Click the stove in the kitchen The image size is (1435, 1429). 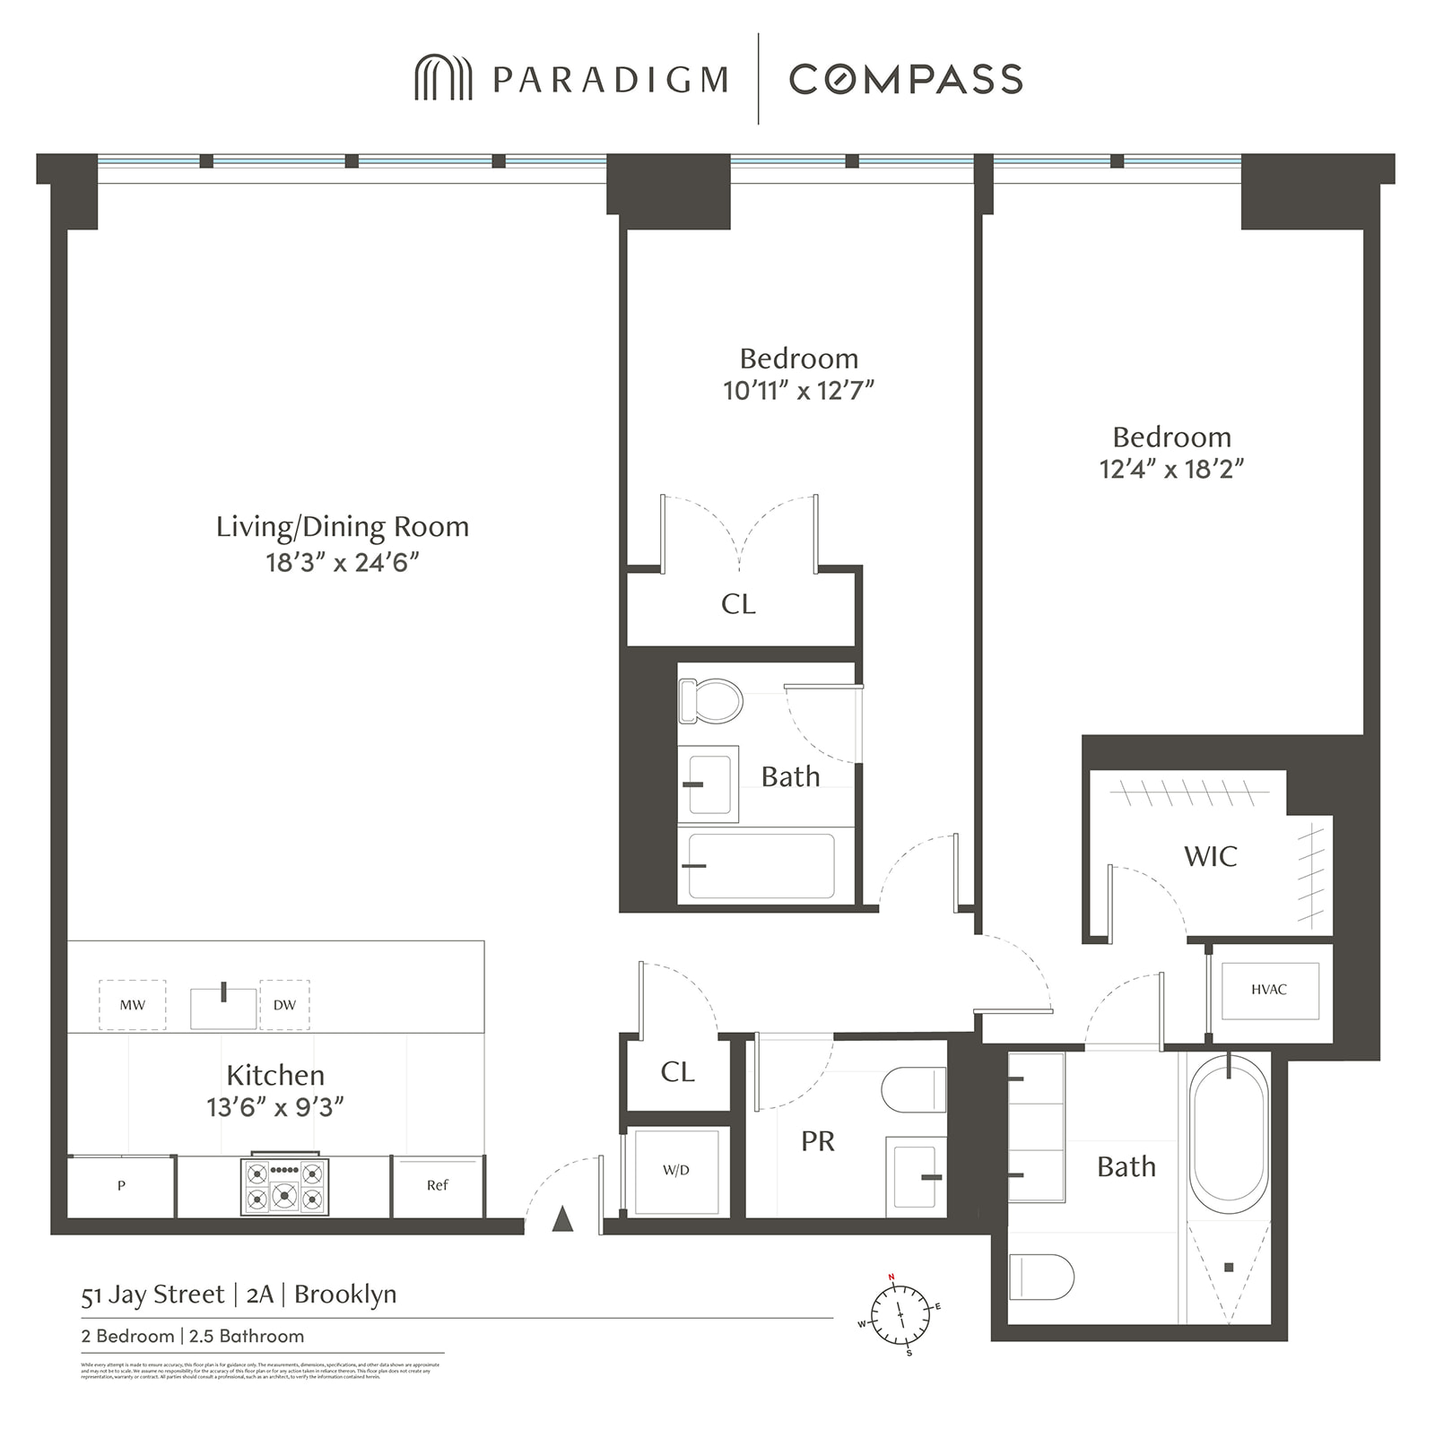click(284, 1186)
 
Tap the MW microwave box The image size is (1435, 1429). click(132, 1005)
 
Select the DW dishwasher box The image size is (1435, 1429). click(284, 1005)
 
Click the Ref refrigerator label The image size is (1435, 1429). click(437, 1185)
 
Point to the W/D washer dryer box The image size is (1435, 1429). click(676, 1171)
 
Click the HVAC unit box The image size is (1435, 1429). click(1269, 990)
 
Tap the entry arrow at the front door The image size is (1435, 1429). click(562, 1218)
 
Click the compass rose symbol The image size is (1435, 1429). click(900, 1315)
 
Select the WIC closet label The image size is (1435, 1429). click(1210, 856)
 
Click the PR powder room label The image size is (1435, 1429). click(817, 1141)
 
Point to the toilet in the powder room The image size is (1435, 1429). click(915, 1090)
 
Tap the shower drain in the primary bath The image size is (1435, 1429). click(1229, 1267)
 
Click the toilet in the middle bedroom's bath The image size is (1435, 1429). click(710, 701)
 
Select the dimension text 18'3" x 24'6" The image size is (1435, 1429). click(343, 562)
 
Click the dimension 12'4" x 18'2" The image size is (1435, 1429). click(1171, 469)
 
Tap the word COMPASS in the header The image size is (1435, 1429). click(906, 79)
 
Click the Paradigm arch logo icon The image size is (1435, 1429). click(443, 78)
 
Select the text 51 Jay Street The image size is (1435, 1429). click(152, 1295)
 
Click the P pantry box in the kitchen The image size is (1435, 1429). click(121, 1186)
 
